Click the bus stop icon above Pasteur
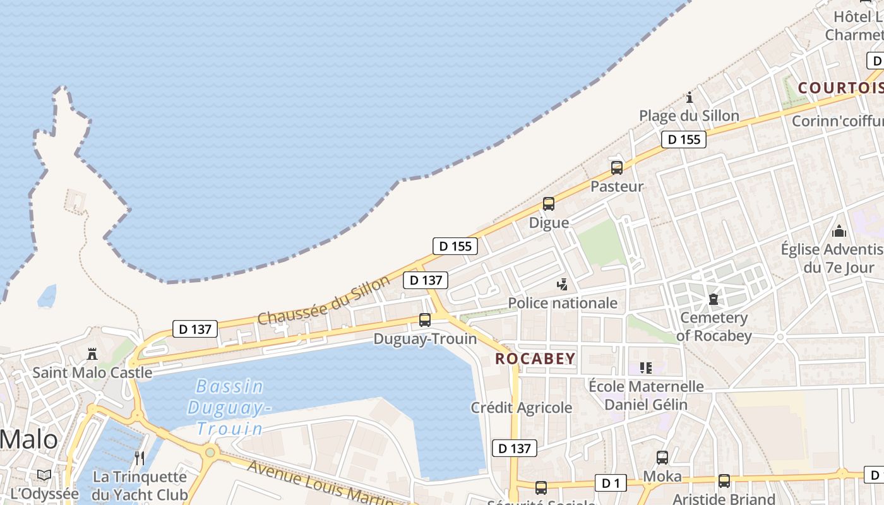click(617, 168)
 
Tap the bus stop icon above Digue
click(549, 204)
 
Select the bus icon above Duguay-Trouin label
click(425, 320)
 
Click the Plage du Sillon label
click(689, 116)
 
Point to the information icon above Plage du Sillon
click(690, 98)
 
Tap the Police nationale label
click(563, 303)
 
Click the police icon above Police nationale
click(562, 285)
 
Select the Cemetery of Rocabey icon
click(714, 299)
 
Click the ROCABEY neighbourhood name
click(535, 359)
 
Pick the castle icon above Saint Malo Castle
click(92, 353)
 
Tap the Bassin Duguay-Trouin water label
click(229, 407)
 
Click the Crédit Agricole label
click(522, 408)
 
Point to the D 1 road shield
click(611, 484)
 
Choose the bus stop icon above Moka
click(662, 458)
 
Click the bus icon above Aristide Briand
click(724, 481)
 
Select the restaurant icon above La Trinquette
click(140, 458)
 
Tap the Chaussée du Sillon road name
click(324, 300)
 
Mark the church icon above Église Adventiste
click(839, 231)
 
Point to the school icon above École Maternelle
click(645, 367)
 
